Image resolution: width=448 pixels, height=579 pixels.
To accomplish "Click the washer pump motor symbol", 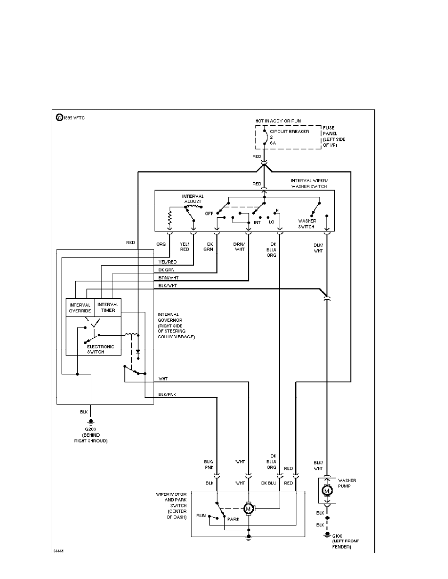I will point(327,491).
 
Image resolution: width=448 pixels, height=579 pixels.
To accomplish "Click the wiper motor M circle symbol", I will point(248,509).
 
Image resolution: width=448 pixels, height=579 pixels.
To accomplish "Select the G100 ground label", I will point(336,536).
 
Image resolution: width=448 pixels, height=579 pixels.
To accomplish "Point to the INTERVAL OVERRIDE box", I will point(80,308).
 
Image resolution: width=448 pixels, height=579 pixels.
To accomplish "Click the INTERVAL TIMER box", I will point(108,308).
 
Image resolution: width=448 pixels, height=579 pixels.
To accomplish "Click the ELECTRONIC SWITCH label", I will point(101,349).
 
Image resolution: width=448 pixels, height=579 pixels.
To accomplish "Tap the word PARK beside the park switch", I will point(233,519).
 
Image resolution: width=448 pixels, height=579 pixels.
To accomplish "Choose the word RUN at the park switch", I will point(201,515).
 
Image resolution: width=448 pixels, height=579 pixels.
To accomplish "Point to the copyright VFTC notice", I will point(71,117).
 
